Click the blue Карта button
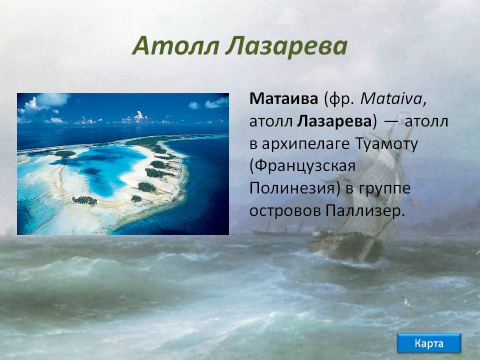(428, 343)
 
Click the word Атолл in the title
(176, 46)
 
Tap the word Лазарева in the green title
(286, 46)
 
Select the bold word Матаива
(284, 99)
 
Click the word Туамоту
(386, 144)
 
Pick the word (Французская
(302, 166)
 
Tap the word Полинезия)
(295, 188)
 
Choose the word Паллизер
(365, 211)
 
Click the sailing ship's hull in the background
(346, 244)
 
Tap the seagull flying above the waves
(407, 303)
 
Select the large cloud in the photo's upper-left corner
(46, 102)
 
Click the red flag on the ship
(414, 201)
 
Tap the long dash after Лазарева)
(391, 122)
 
